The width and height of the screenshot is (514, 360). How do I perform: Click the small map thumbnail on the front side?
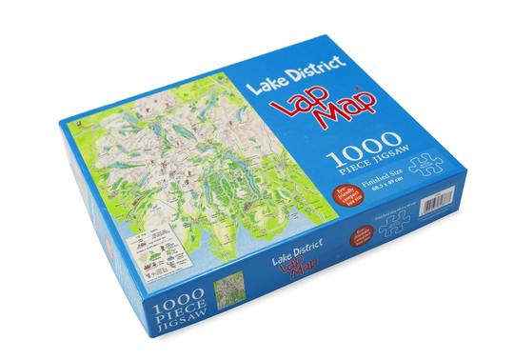point(229,295)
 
